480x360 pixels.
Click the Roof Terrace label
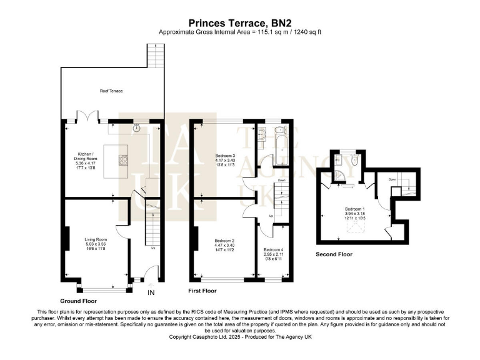111,91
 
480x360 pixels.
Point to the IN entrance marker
151,292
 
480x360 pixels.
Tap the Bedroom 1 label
354,209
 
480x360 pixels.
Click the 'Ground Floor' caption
78,301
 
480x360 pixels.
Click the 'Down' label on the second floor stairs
392,179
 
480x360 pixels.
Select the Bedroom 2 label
224,241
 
